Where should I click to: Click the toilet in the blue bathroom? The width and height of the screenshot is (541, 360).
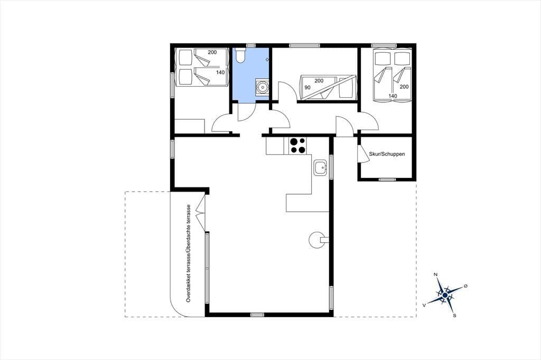240,55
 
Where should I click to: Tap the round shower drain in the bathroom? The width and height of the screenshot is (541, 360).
263,87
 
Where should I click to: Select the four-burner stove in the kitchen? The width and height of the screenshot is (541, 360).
297,146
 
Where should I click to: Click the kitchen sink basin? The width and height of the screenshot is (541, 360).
320,168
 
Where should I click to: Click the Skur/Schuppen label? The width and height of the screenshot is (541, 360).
387,154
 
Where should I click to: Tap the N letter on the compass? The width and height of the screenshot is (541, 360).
436,274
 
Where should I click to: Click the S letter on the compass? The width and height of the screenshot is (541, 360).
455,315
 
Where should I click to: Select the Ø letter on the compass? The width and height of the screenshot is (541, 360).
465,286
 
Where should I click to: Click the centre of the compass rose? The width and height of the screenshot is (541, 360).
445,296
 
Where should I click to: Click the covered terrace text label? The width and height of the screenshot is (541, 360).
189,253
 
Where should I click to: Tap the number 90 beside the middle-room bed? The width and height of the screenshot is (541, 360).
307,88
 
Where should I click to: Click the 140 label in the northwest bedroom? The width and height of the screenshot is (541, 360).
220,72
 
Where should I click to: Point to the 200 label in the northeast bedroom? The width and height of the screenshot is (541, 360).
404,87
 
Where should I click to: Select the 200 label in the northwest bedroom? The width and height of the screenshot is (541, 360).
212,52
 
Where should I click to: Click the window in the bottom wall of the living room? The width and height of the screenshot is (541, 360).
257,315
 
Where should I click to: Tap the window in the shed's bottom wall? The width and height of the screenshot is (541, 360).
387,179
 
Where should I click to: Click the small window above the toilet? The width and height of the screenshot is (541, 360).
251,45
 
